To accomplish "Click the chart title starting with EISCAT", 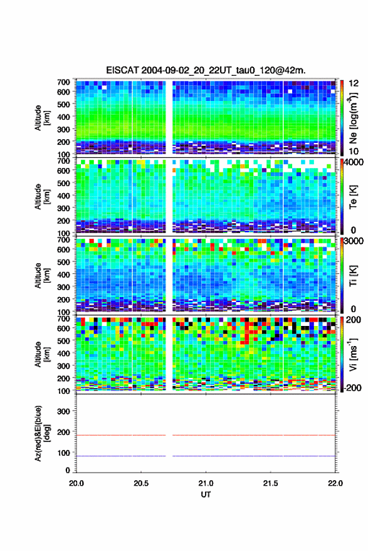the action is click(x=206, y=70).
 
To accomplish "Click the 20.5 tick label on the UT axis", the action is click(x=141, y=483).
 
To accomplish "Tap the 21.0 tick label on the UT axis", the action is click(x=206, y=483).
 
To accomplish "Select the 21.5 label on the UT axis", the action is click(x=270, y=483).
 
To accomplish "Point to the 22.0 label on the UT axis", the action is click(x=335, y=483).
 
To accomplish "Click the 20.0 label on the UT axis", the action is click(x=76, y=483).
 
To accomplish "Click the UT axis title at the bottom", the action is click(x=206, y=495).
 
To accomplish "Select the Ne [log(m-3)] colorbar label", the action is click(x=353, y=118).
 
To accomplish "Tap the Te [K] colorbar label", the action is click(x=353, y=197).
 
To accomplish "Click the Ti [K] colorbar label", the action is click(x=353, y=276).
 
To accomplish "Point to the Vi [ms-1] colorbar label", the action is click(x=353, y=354).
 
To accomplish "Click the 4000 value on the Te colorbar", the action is click(x=354, y=163).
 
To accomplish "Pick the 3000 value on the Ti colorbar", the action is click(x=354, y=241).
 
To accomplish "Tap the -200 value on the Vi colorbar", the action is click(x=352, y=387).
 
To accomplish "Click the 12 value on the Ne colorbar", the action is click(x=354, y=83).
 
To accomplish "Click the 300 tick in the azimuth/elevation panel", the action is click(x=63, y=411).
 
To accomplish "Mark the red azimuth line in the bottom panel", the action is click(x=206, y=435).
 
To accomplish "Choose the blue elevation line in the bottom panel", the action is click(x=206, y=456).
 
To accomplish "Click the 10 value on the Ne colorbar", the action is click(x=354, y=151).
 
